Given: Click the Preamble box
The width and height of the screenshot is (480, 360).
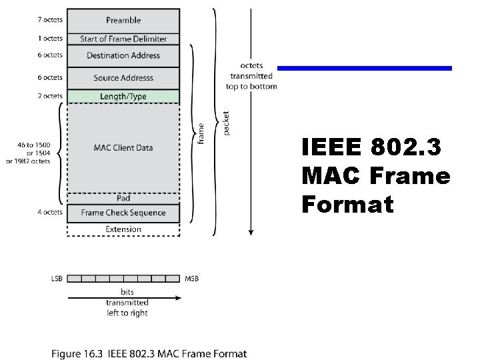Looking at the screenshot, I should (123, 21).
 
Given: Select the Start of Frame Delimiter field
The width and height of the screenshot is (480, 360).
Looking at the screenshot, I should (123, 39).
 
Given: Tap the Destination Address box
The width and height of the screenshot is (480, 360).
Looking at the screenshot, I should (123, 55).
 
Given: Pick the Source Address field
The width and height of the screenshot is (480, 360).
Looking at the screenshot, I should (123, 78).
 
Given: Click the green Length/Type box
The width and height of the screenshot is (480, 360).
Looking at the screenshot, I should (123, 97).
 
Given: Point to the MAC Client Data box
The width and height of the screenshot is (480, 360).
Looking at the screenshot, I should (123, 147).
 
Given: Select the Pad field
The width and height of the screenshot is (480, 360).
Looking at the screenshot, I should (123, 198).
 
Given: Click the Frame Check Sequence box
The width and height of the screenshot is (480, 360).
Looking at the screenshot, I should (123, 213).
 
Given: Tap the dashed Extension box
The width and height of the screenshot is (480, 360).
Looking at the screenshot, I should (123, 229).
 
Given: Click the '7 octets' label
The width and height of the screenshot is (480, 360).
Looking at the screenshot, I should (50, 21).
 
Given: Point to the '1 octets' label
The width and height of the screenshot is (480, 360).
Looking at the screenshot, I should (50, 39).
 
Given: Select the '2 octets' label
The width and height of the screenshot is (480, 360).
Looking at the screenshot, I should (50, 97).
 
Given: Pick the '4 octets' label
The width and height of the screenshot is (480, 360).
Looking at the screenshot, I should (50, 213).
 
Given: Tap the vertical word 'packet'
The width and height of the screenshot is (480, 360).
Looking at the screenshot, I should (226, 124).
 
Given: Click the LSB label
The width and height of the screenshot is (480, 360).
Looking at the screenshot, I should (56, 279).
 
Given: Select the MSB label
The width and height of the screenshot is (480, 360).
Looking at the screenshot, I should (191, 279).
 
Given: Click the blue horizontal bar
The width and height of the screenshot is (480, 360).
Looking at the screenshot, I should (364, 68).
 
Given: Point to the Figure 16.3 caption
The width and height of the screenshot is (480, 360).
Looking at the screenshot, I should (149, 353).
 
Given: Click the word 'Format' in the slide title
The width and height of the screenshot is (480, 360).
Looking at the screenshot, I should (347, 204).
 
